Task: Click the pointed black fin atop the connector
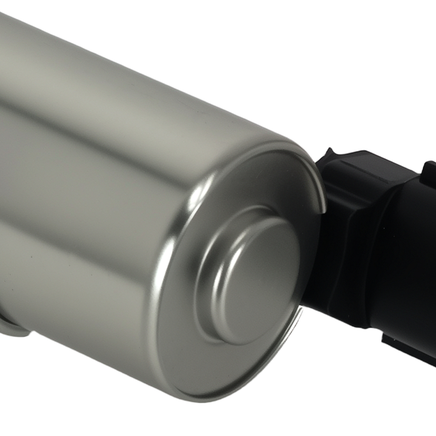coord(330,153)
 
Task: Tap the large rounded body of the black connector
coord(405,262)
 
